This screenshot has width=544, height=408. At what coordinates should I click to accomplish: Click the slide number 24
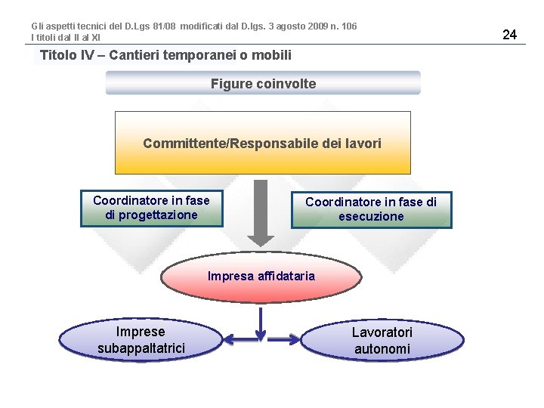[x=509, y=34]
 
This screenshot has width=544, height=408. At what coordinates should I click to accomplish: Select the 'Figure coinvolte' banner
[x=263, y=83]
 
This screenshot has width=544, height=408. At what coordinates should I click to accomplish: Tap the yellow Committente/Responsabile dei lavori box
[x=262, y=143]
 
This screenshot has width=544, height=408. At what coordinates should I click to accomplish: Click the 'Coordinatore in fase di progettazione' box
[x=151, y=208]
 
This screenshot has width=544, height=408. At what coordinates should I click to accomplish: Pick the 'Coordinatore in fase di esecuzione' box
[x=371, y=209]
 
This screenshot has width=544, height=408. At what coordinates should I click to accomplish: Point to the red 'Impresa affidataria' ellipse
[x=261, y=277]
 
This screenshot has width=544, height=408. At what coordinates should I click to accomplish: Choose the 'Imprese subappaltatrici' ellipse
[x=141, y=340]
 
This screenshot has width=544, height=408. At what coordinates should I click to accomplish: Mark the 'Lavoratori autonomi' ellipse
[x=382, y=341]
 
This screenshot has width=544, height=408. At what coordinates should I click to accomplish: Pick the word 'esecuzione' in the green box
[x=371, y=217]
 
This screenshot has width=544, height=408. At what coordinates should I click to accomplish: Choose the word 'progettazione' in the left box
[x=151, y=215]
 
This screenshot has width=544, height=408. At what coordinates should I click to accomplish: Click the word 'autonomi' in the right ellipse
[x=382, y=349]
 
